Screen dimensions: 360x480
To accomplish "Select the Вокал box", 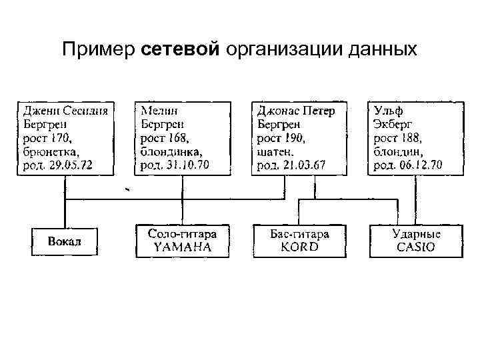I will [x=65, y=241].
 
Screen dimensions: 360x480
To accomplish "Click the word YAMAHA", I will [x=183, y=247].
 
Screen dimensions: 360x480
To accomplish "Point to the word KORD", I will [x=299, y=247].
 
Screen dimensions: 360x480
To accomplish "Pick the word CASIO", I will [x=416, y=247].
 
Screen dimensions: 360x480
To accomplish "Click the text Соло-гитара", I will [x=183, y=235].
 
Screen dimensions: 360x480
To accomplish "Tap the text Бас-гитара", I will [x=299, y=235].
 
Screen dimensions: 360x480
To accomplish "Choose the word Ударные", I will [x=416, y=235].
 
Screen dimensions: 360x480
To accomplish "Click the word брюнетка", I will [x=51, y=151].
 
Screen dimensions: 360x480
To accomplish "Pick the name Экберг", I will [x=393, y=123].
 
